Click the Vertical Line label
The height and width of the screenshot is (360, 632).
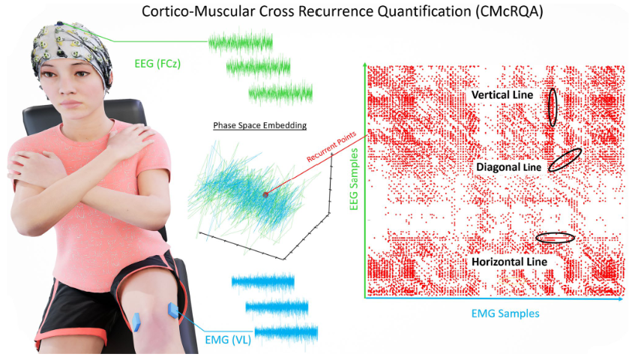pos(502,95)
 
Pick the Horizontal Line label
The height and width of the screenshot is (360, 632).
pos(509,261)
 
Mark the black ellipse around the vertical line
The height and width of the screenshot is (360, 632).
pos(552,106)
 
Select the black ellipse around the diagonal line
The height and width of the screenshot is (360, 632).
pos(565,160)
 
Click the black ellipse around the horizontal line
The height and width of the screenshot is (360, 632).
pos(556,238)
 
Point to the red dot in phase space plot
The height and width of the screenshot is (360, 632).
pos(265,195)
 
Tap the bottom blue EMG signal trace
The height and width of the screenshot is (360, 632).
pos(286,331)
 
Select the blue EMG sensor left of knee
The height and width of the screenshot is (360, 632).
pos(137,321)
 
